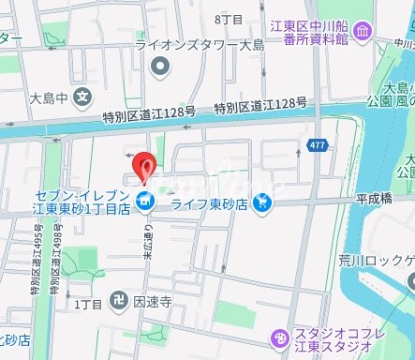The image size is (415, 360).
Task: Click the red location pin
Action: click(143, 166)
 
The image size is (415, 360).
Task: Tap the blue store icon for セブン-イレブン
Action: click(143, 200)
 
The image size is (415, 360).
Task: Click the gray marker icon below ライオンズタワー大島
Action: click(161, 66)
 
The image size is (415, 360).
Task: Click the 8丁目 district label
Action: click(229, 18)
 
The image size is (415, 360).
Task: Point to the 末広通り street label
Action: click(148, 247)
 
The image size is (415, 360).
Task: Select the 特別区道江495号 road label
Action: click(38, 264)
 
